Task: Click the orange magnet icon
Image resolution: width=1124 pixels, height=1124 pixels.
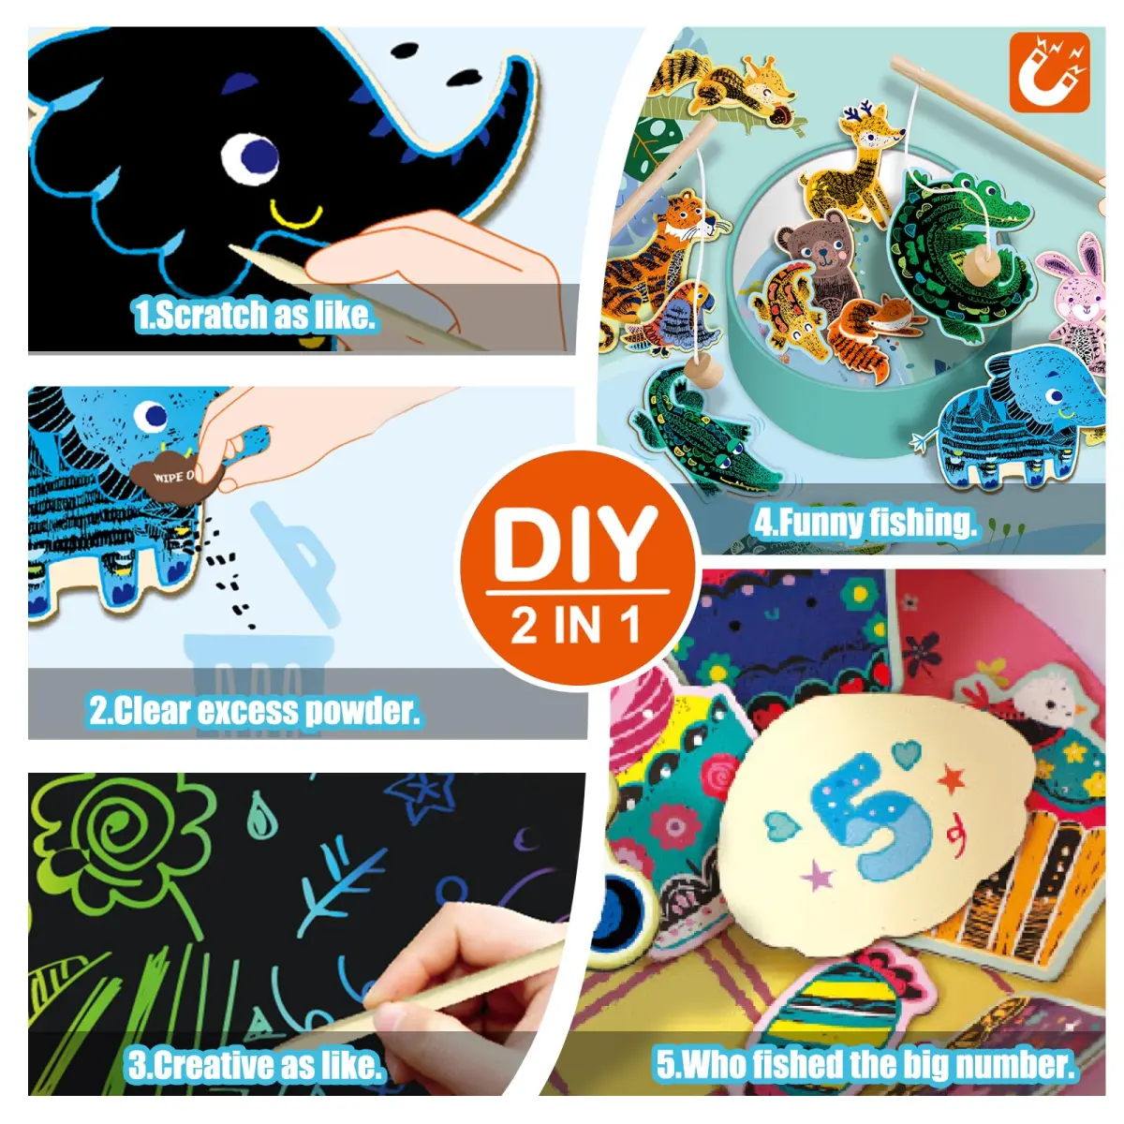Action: point(1049,72)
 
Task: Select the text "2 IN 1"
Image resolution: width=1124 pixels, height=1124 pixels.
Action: point(576,624)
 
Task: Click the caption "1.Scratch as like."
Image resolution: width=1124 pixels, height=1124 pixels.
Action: point(255,316)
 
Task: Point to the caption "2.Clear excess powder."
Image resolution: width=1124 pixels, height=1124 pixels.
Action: point(255,712)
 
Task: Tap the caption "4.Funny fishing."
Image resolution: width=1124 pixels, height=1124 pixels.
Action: point(865,522)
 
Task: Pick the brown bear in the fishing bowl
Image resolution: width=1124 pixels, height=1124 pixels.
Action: point(820,252)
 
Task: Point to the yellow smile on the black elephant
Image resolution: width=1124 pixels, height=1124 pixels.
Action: point(296,215)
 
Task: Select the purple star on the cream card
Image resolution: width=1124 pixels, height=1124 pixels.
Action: point(817,876)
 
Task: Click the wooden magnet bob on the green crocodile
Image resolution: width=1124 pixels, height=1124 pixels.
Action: point(977,263)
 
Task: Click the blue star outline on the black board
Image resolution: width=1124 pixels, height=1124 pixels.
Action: point(421,796)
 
